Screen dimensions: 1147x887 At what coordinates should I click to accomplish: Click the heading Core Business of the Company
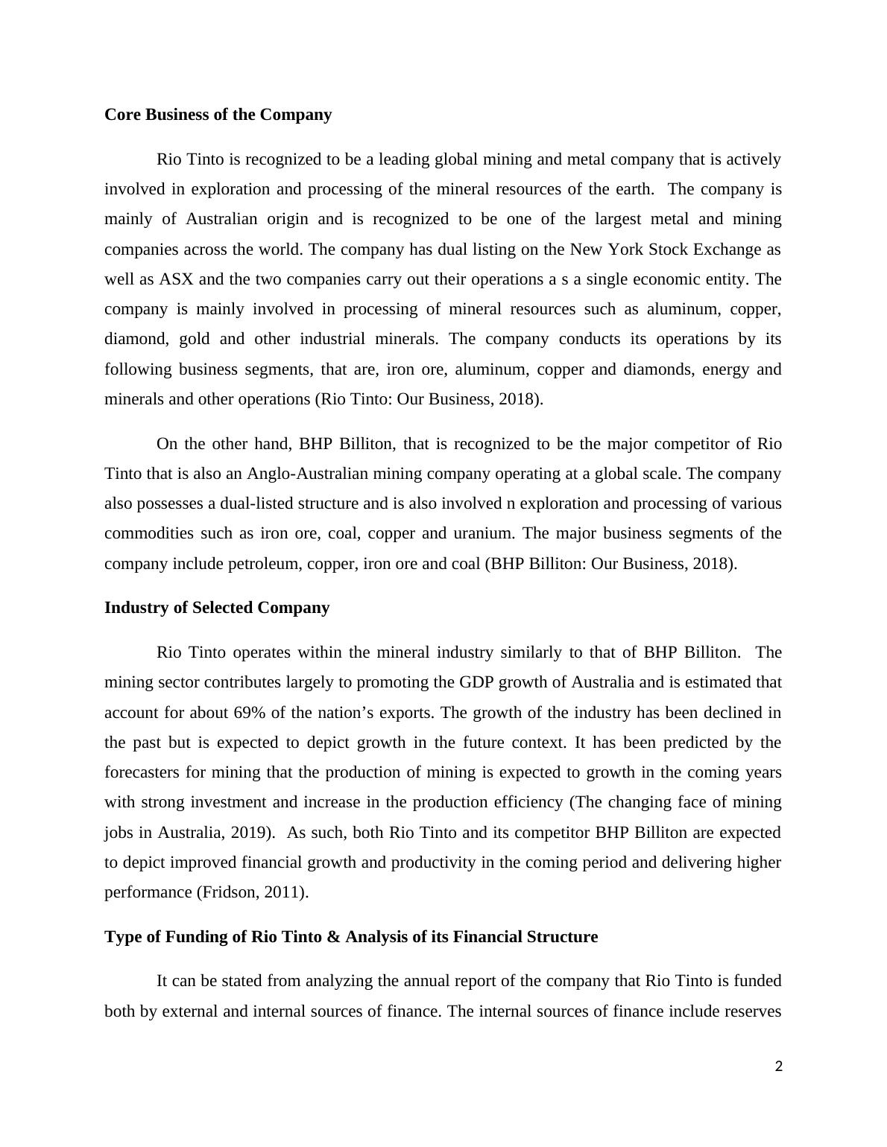click(x=218, y=115)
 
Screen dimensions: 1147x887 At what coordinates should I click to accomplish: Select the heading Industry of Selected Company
click(x=217, y=608)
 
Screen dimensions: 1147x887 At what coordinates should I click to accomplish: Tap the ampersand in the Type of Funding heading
click(x=333, y=937)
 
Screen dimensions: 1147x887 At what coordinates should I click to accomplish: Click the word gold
click(x=195, y=339)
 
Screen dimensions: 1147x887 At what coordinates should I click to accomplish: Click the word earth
click(x=634, y=189)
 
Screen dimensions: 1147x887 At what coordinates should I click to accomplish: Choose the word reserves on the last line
click(x=752, y=1011)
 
